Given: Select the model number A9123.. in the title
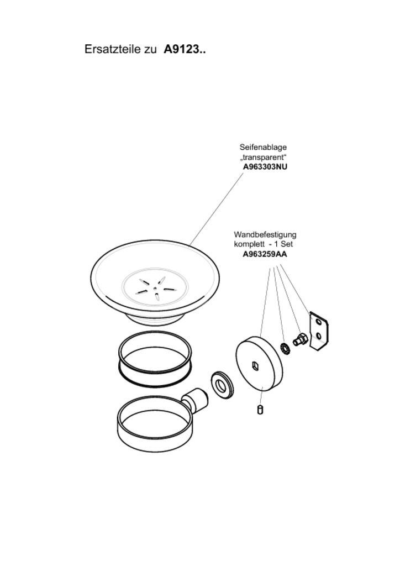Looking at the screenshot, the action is point(185,49).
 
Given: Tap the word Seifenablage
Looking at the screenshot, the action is point(263,147).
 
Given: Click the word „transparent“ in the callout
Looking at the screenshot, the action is point(263,157).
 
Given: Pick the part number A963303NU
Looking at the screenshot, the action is point(265,167).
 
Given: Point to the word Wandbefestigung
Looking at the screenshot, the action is point(265,234).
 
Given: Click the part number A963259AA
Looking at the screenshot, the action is point(265,254).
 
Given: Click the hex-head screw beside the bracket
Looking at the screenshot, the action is point(299,340).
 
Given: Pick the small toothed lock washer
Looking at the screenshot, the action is point(285,348).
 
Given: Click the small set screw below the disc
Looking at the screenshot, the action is point(261,410).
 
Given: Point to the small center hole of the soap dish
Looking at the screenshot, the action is point(155,287).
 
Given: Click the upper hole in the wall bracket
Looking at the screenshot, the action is point(318,321).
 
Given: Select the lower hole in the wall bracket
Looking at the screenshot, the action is point(318,336).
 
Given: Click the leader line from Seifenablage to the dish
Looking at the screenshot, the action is point(217,209).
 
